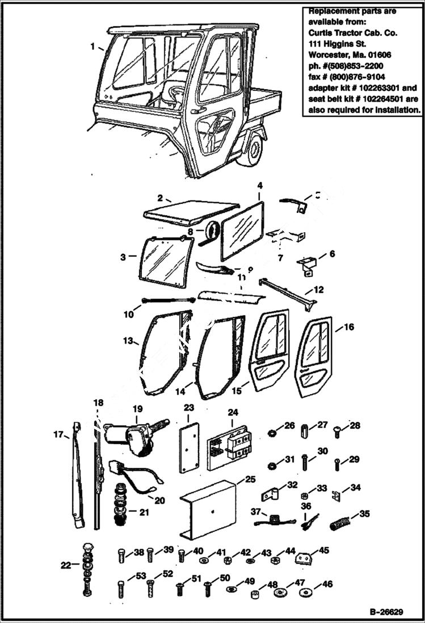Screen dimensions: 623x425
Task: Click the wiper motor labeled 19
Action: click(139, 436)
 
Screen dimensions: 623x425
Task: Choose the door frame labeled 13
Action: click(166, 352)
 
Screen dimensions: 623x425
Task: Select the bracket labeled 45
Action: click(304, 559)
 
